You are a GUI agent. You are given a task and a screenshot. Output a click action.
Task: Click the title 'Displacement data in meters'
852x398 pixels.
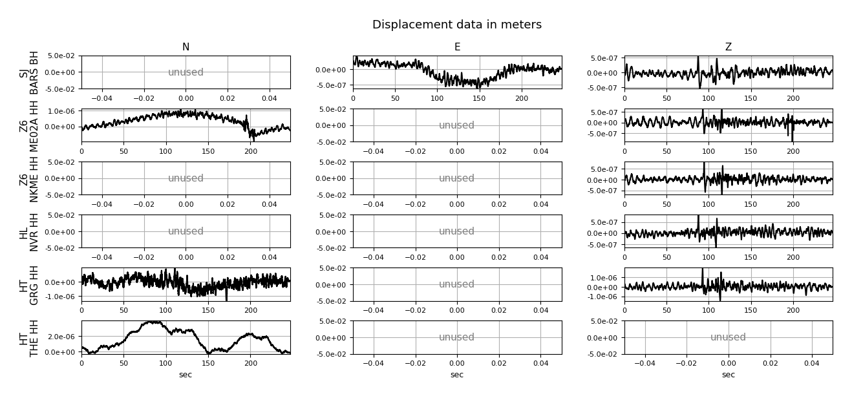[456, 25]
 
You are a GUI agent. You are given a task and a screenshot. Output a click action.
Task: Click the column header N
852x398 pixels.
[186, 47]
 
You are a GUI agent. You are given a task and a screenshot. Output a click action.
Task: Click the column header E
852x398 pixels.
[457, 47]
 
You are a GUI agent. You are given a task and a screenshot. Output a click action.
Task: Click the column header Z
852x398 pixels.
[728, 47]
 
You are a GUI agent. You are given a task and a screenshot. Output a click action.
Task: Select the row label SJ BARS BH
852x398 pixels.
[29, 72]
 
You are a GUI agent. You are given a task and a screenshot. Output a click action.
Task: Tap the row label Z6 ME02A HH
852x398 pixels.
[29, 125]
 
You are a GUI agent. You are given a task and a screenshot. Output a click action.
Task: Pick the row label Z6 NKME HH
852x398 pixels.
[29, 178]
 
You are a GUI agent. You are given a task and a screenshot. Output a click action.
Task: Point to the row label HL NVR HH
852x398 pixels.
[29, 231]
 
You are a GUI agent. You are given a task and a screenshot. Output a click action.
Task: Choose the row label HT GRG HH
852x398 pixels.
[29, 284]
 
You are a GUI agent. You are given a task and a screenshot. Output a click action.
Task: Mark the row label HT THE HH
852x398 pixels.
[29, 337]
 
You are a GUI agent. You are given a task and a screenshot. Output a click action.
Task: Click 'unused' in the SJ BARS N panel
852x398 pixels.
[186, 72]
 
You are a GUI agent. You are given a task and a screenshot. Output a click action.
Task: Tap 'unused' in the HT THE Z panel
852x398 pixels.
[728, 337]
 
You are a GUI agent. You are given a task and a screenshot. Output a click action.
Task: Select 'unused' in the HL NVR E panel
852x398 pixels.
[457, 231]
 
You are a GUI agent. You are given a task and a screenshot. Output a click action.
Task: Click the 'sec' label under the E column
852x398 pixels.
[457, 375]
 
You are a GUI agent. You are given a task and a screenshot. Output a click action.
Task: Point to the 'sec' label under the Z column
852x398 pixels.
[728, 375]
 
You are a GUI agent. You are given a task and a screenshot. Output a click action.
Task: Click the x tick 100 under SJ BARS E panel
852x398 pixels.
[437, 98]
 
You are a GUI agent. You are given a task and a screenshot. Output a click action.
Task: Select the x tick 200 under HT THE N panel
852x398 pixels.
[250, 363]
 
